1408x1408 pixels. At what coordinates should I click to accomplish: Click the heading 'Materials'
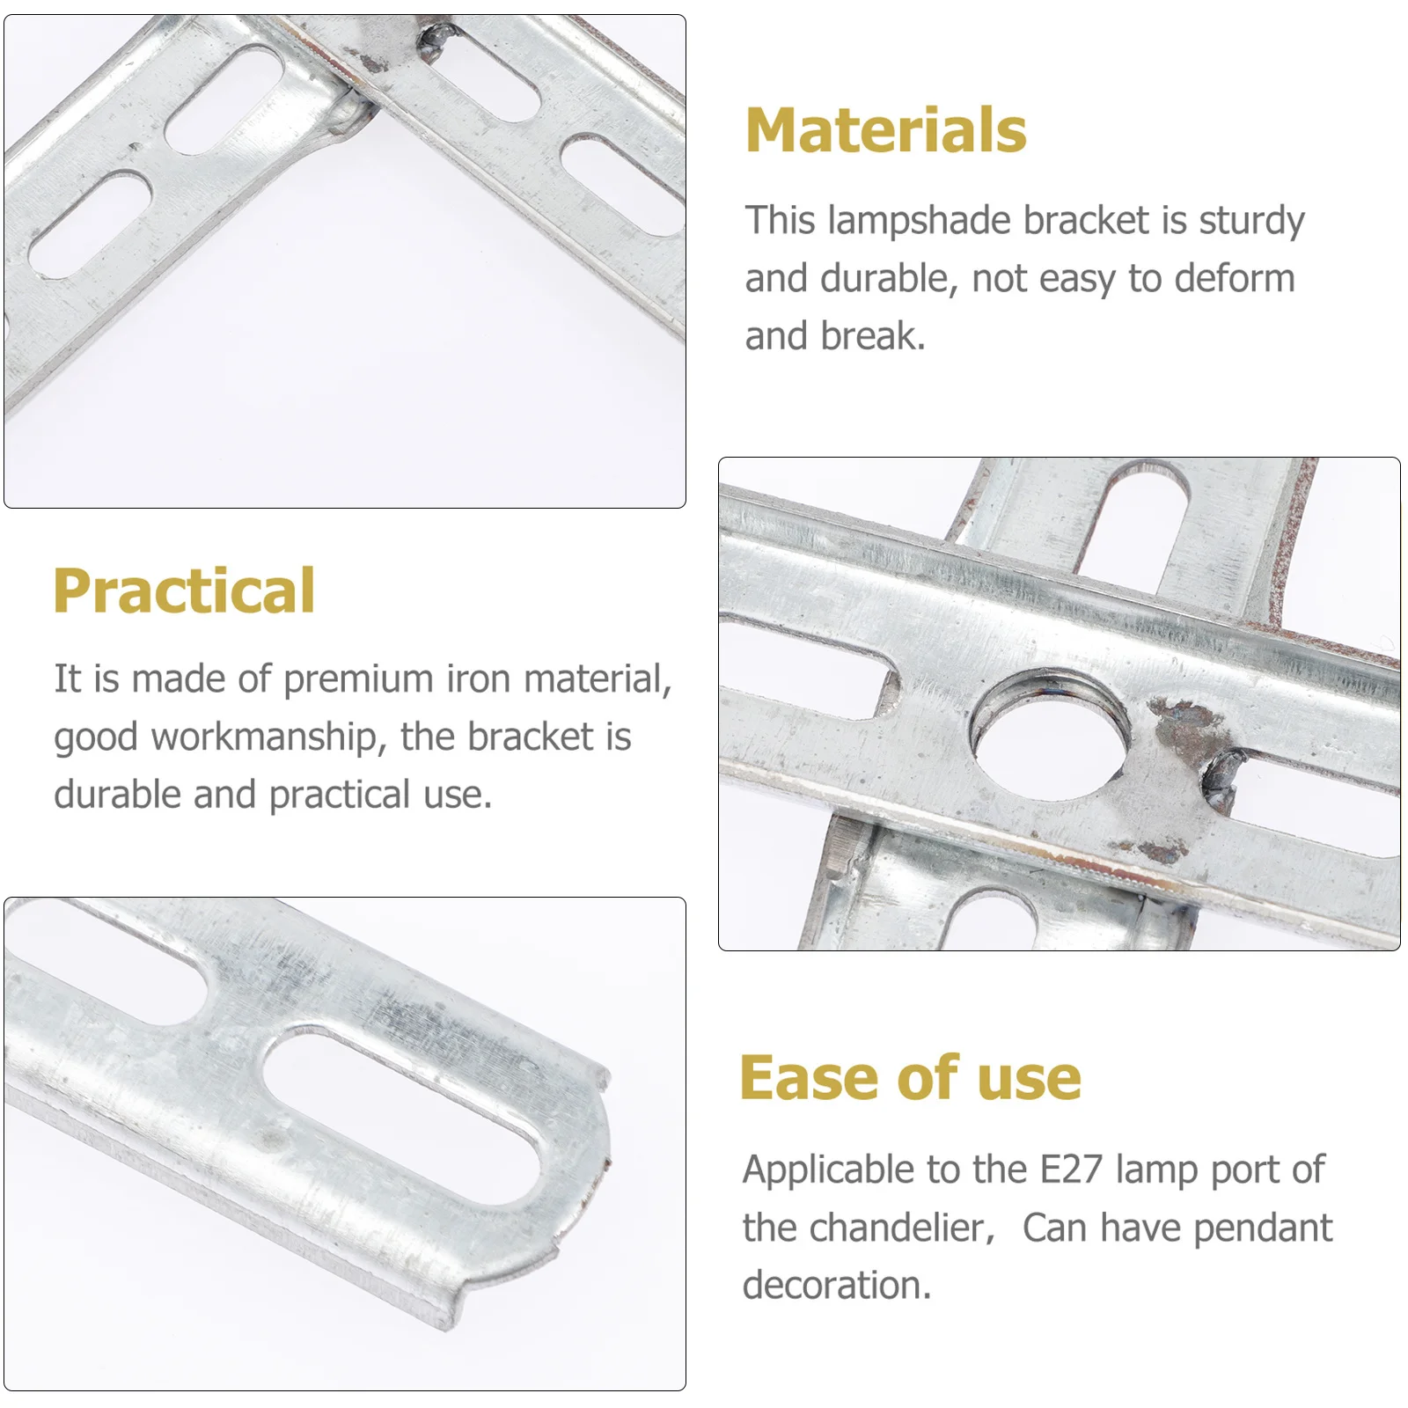[x=885, y=130]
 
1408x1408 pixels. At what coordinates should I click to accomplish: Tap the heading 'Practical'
[x=184, y=590]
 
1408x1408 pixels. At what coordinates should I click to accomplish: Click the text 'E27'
[x=1070, y=1170]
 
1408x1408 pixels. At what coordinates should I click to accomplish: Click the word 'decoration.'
[x=836, y=1286]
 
